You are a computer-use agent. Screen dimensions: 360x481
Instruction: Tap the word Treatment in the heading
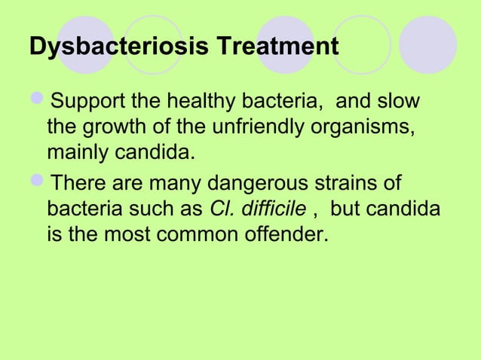[277, 47]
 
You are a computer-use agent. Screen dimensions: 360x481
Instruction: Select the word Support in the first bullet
[95, 102]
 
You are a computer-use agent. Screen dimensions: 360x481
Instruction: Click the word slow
[398, 102]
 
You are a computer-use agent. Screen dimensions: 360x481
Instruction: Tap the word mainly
[81, 154]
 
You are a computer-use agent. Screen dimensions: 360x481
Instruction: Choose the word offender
[289, 235]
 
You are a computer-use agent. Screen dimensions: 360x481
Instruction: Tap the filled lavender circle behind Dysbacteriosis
[85, 44]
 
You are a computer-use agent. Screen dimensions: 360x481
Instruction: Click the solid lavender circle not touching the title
[427, 44]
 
